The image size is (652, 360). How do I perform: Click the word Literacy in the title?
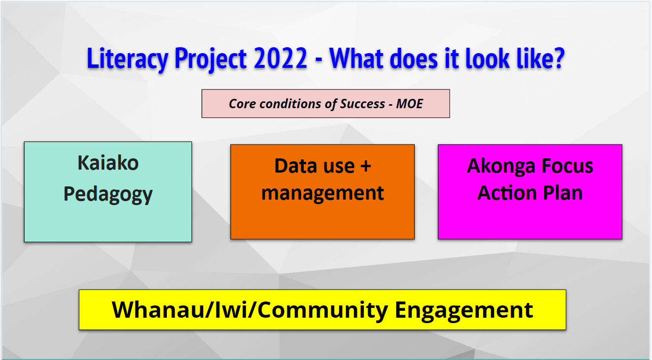point(127,59)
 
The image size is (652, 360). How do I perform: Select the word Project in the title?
point(211,59)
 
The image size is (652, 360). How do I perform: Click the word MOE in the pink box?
point(409,104)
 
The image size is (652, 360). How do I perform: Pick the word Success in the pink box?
point(362,104)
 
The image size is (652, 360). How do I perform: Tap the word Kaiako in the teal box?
point(108,162)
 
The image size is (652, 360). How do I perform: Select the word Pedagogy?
point(108,194)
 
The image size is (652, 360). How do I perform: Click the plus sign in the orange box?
point(366,166)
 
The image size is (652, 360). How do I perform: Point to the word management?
point(322,193)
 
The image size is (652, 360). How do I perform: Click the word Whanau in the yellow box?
point(158,310)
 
